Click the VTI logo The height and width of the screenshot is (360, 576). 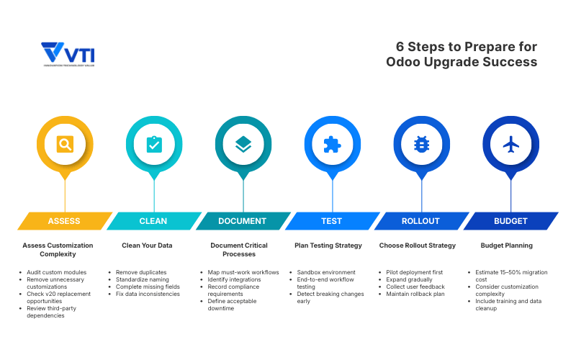click(68, 55)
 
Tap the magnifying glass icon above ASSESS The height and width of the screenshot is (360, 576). click(65, 144)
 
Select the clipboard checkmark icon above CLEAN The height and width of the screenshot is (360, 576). click(154, 144)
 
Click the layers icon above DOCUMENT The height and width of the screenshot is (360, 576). click(243, 144)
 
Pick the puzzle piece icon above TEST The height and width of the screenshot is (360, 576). click(332, 144)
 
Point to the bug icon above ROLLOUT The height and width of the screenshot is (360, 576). click(421, 144)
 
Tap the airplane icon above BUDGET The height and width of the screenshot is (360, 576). click(510, 144)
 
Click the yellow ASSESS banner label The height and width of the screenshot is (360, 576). click(64, 221)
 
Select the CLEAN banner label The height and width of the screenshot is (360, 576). click(154, 221)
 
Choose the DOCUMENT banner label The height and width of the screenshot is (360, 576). click(243, 221)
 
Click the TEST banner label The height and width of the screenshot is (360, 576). click(332, 221)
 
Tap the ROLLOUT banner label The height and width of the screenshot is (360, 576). click(421, 221)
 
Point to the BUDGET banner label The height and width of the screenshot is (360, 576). click(510, 221)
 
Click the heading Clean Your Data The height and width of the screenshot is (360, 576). click(147, 246)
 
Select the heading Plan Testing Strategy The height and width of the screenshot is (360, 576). click(328, 246)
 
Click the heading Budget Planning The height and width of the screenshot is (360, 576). click(506, 246)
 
